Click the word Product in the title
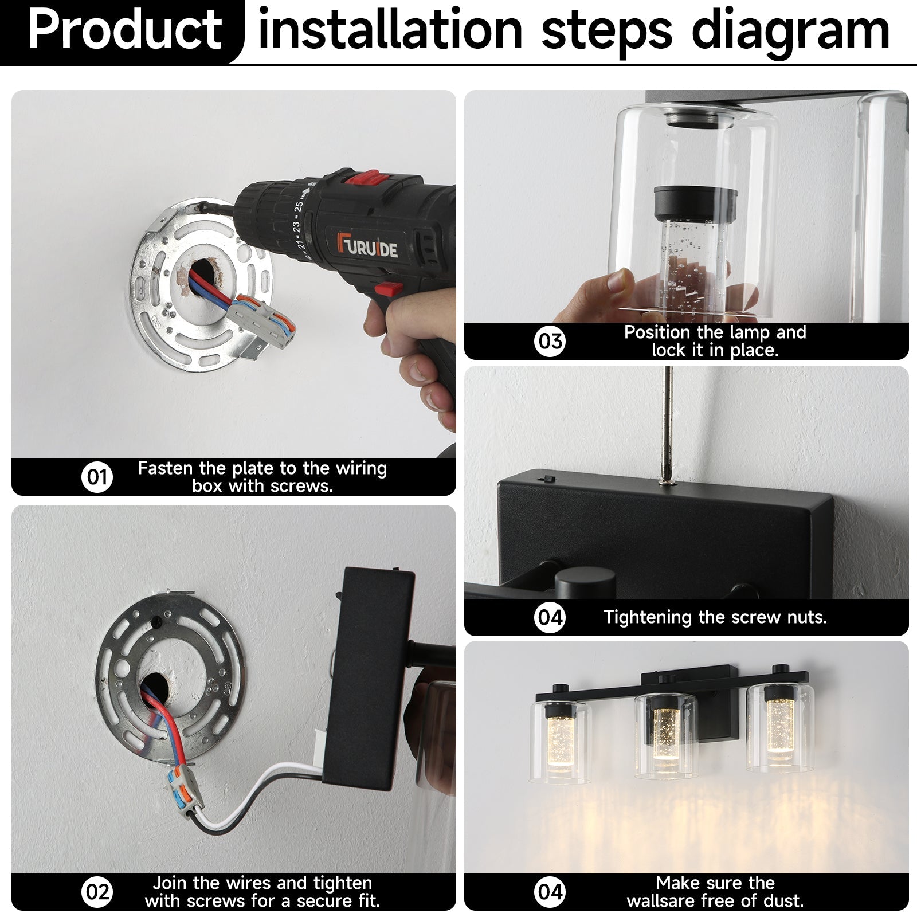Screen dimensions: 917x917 click(x=125, y=30)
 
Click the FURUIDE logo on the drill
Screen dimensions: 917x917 click(x=367, y=245)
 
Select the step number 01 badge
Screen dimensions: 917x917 click(x=97, y=477)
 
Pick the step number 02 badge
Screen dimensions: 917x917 click(x=97, y=892)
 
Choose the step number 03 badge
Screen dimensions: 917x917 click(x=550, y=341)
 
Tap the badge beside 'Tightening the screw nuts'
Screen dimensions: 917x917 click(x=550, y=617)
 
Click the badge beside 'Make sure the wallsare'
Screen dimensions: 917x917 click(x=550, y=892)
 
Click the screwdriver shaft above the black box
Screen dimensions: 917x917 click(x=667, y=424)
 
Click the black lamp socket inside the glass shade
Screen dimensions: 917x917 click(x=696, y=204)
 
